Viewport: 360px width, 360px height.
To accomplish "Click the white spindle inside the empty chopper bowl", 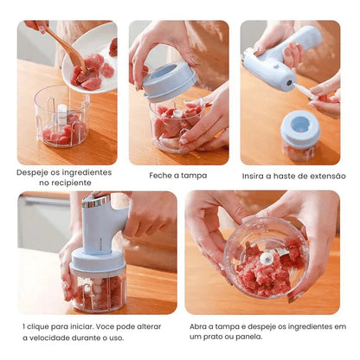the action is click(x=62, y=113).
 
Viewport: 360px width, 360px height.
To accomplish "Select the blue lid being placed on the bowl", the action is click(x=170, y=81).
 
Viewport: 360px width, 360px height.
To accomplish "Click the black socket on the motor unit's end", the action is click(x=289, y=83).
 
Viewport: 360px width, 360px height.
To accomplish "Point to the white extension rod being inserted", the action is click(x=304, y=91).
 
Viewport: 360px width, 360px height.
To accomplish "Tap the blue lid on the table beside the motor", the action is click(x=300, y=128).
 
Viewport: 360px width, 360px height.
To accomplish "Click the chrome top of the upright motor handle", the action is click(x=96, y=201).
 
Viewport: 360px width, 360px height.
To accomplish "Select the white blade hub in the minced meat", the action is click(x=267, y=258).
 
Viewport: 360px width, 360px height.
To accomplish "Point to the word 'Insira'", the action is click(x=253, y=176).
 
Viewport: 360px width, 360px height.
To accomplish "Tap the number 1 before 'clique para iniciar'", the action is click(x=24, y=327).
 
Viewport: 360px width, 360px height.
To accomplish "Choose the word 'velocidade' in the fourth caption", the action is click(x=50, y=337).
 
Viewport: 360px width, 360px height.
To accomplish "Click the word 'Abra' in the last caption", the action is click(x=197, y=327).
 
